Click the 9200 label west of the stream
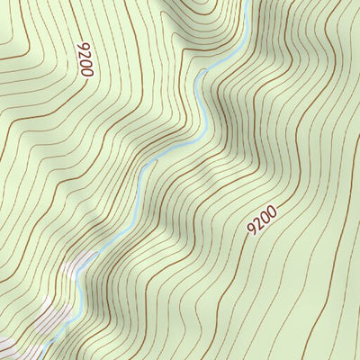[x=85, y=59]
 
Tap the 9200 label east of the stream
[x=262, y=220]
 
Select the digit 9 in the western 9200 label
[x=83, y=45]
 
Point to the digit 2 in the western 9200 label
[x=84, y=54]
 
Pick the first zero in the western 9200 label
[x=85, y=63]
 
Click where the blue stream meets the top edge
[x=245, y=2]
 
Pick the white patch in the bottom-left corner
[x=7, y=346]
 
